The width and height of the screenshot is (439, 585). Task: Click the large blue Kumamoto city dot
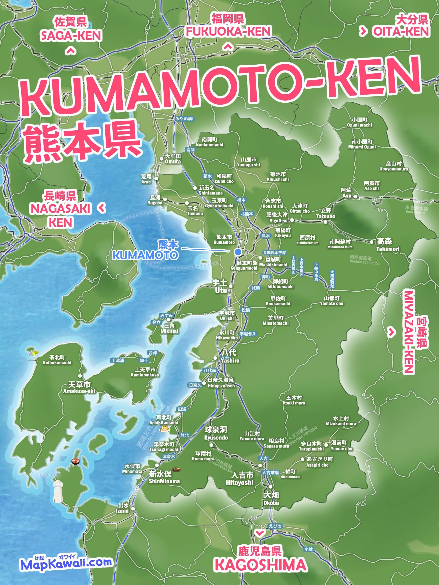238,252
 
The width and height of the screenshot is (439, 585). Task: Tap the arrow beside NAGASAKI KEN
102,208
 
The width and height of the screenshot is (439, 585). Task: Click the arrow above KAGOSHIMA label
259,533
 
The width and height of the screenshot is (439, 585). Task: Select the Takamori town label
387,245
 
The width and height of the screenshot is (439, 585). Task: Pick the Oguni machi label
359,122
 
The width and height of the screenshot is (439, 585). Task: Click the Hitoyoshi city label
240,479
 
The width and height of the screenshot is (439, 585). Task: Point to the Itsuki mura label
294,400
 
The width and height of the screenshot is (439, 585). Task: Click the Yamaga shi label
248,162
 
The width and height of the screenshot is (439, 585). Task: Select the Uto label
220,287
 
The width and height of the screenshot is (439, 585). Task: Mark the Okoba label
271,498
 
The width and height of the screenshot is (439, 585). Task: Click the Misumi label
169,329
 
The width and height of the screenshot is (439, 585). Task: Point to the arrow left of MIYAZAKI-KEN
391,332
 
